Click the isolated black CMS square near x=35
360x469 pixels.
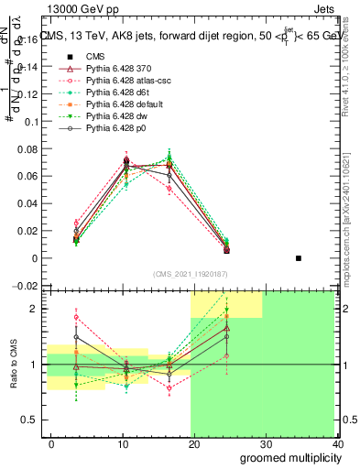(x=299, y=258)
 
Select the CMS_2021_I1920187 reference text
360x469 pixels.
(x=191, y=273)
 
